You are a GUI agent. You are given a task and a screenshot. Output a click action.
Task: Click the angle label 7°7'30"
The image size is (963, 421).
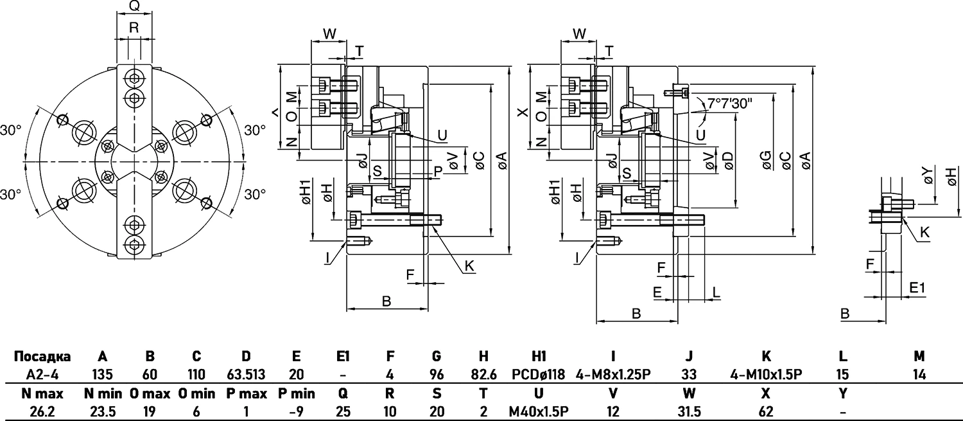[729, 102]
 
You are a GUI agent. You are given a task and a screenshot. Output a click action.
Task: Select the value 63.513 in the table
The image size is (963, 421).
[247, 374]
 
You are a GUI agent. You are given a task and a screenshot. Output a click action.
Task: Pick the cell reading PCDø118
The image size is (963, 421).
[539, 374]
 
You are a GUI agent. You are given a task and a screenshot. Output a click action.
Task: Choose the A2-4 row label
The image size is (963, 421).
[42, 374]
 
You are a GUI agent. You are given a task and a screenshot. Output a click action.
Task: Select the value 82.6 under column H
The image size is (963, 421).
[483, 374]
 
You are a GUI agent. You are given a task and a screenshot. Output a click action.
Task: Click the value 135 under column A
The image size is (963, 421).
[102, 374]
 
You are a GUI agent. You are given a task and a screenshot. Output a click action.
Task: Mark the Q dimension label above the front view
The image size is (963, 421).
[134, 6]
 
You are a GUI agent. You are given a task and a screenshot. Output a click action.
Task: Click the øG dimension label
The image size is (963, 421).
[767, 161]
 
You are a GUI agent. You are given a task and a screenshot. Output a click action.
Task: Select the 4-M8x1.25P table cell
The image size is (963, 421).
[613, 374]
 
